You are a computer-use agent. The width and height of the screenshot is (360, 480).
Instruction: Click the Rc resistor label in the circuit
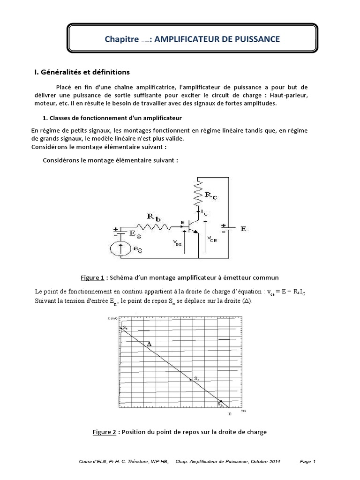click(210, 195)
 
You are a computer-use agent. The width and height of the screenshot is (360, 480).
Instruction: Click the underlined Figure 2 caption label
click(104, 432)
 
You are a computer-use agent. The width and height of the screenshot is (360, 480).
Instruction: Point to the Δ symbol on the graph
click(150, 344)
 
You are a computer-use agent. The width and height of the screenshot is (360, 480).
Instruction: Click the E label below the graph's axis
click(230, 414)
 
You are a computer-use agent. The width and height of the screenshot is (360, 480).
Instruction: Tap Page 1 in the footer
click(308, 462)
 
